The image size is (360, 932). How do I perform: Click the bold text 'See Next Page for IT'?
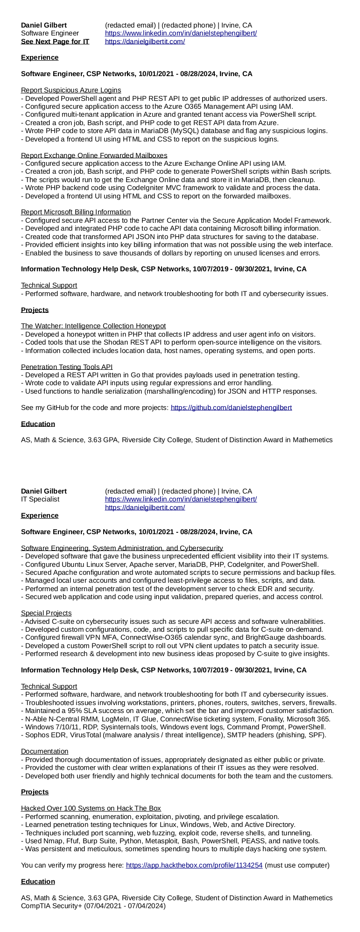[x=55, y=42]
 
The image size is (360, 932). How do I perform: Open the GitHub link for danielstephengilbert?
[x=231, y=408]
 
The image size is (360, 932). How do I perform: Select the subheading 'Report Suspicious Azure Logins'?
[x=71, y=90]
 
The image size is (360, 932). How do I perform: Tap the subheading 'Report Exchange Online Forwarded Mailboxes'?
[x=94, y=155]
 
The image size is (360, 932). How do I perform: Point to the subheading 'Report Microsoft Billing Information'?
[x=76, y=212]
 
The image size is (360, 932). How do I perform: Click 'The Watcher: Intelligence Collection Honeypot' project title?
[x=93, y=326]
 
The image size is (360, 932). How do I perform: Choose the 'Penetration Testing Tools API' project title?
[x=67, y=367]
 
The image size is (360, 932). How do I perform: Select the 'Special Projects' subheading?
[x=46, y=613]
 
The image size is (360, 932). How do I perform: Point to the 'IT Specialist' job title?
[x=40, y=499]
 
